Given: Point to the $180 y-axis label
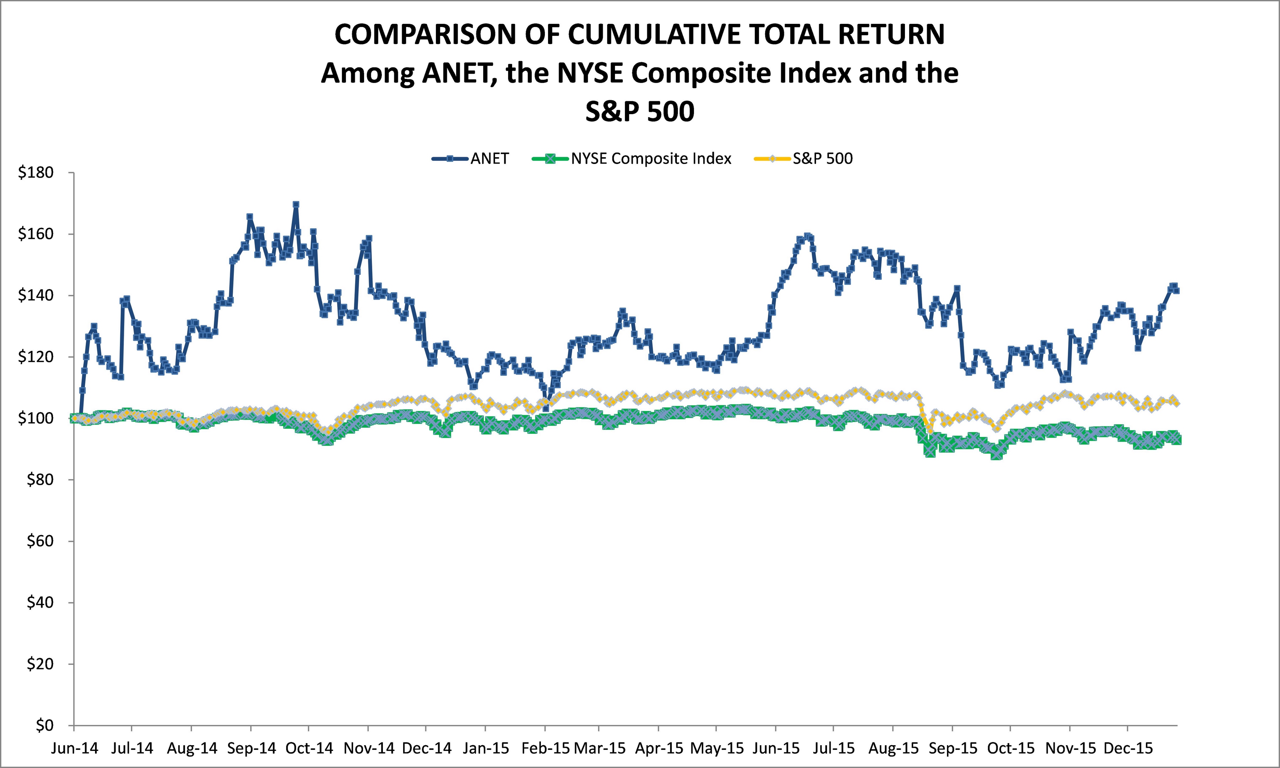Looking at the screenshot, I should point(36,173).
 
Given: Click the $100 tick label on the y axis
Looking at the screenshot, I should point(36,418).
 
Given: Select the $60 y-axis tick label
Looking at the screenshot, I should point(40,541).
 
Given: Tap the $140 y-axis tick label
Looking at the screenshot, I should point(36,295).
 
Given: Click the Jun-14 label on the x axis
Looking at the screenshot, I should point(74,749).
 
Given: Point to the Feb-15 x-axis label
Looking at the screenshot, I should point(545,749).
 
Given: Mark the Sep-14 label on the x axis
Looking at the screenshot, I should point(251,749).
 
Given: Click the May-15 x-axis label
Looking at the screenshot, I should point(717,749).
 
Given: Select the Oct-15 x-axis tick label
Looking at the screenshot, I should point(1010,749).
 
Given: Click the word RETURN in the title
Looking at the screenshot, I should point(891,35).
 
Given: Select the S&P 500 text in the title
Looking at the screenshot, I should point(639,111).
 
